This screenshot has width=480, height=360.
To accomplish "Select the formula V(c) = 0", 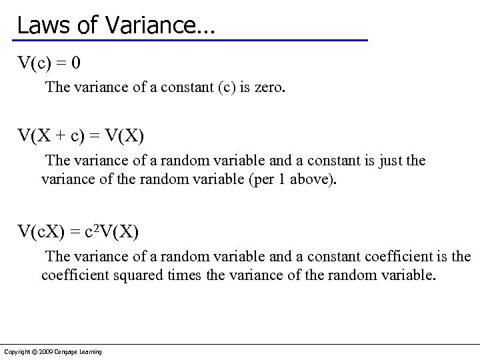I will [x=49, y=63].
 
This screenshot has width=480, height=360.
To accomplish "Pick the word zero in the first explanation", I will [x=269, y=87].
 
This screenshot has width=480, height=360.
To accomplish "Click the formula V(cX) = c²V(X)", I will [x=78, y=232].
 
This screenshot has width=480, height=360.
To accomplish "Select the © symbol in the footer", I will [x=35, y=352].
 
